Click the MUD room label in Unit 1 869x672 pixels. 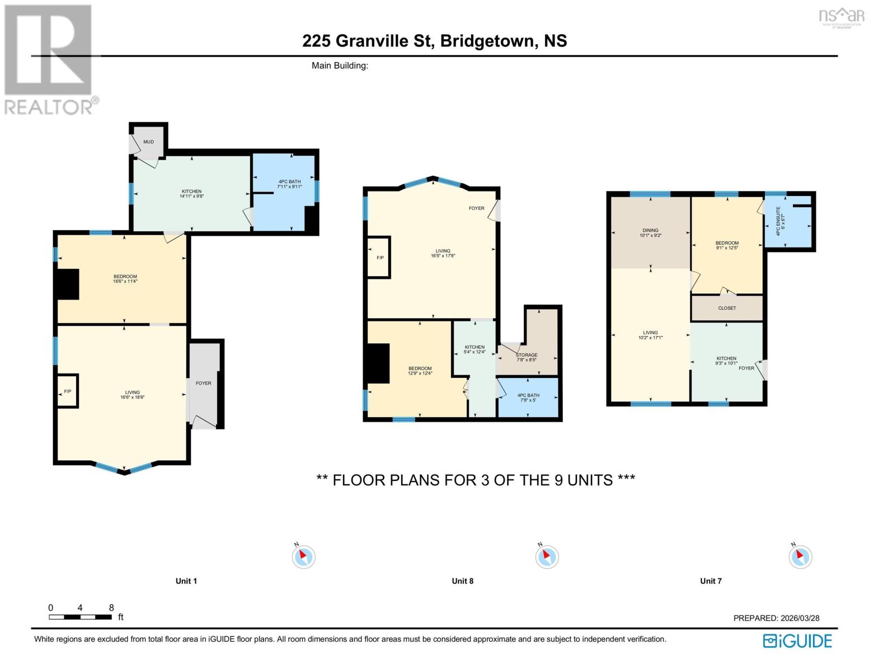click(x=148, y=142)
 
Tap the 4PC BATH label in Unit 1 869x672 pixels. click(x=289, y=181)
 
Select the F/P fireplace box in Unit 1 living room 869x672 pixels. click(x=68, y=391)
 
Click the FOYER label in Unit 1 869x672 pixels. click(x=204, y=383)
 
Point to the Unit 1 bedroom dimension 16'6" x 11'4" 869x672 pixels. click(x=125, y=282)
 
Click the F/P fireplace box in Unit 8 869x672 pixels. click(x=380, y=258)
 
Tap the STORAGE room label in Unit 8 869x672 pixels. click(x=527, y=355)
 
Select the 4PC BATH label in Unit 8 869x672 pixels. click(x=528, y=395)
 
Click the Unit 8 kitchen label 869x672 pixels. click(x=475, y=347)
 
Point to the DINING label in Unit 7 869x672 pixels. click(x=650, y=230)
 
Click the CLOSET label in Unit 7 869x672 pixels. click(x=727, y=308)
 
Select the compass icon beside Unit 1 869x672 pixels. click(x=304, y=557)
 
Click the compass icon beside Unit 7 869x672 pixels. click(x=800, y=557)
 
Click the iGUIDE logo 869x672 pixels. click(x=797, y=641)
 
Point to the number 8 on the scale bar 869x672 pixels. click(x=111, y=608)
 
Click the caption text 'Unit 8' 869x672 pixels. click(x=462, y=581)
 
